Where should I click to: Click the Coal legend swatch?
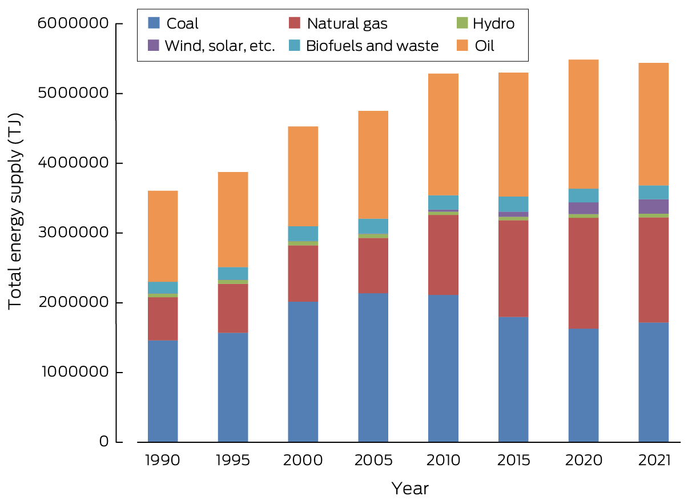154,23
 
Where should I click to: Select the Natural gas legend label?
347,23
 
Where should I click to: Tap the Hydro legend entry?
493,23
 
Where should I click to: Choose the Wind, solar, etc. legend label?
220,46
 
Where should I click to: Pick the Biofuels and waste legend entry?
372,46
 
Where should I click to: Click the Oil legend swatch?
462,46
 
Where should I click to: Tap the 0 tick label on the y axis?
103,442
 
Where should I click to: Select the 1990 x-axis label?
163,461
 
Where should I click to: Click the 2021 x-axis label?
653,461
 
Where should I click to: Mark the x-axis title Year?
409,489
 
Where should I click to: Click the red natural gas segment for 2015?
513,269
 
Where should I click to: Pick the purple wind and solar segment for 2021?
653,206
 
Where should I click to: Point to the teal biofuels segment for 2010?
443,202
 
